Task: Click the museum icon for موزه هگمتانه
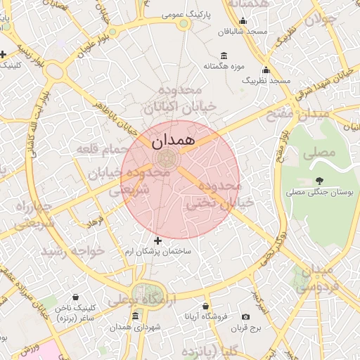[224, 56]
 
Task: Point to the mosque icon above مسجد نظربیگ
[266, 70]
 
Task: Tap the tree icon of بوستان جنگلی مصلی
[320, 181]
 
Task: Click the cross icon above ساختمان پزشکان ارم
[157, 241]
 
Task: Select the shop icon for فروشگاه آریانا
[205, 307]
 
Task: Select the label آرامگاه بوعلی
[151, 300]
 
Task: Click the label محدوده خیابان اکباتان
[172, 99]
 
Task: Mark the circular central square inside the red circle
[168, 157]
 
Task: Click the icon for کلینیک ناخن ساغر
[75, 298]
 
